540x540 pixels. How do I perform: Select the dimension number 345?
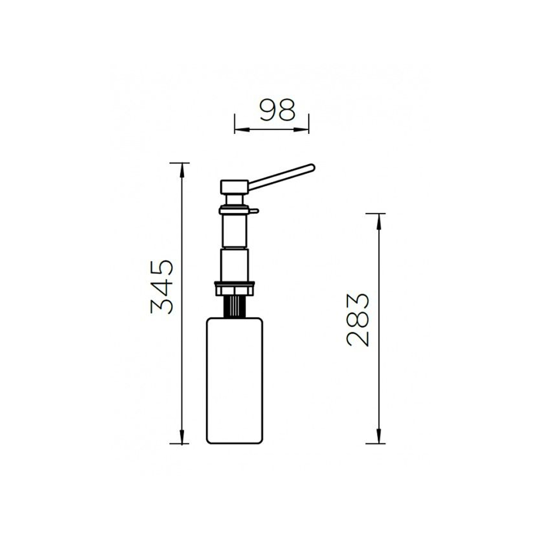[162, 287]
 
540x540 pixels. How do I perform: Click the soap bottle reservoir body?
[234, 381]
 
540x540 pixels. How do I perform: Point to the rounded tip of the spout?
[312, 168]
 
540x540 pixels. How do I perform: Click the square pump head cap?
[234, 186]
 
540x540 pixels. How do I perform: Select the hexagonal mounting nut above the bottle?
[234, 288]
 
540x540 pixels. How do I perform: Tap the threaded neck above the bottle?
[234, 307]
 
